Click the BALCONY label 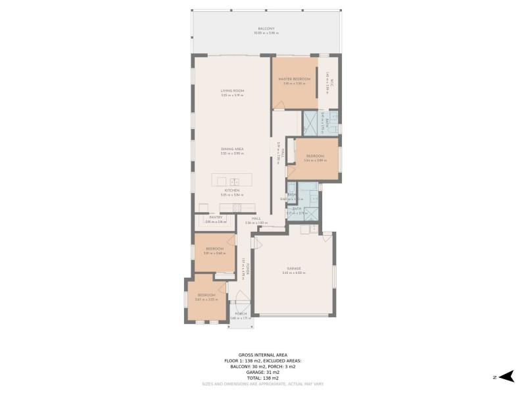(x=267, y=28)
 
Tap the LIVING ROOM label (x=232, y=91)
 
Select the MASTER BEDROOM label (x=294, y=79)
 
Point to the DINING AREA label (x=232, y=149)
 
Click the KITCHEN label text (x=232, y=190)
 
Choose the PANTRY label (x=215, y=217)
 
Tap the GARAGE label (x=293, y=268)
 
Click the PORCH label (x=241, y=313)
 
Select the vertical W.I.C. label (x=333, y=83)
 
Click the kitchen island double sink (x=235, y=180)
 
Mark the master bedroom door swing (x=279, y=105)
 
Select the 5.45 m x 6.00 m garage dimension (x=293, y=273)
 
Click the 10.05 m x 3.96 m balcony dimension (x=267, y=33)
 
